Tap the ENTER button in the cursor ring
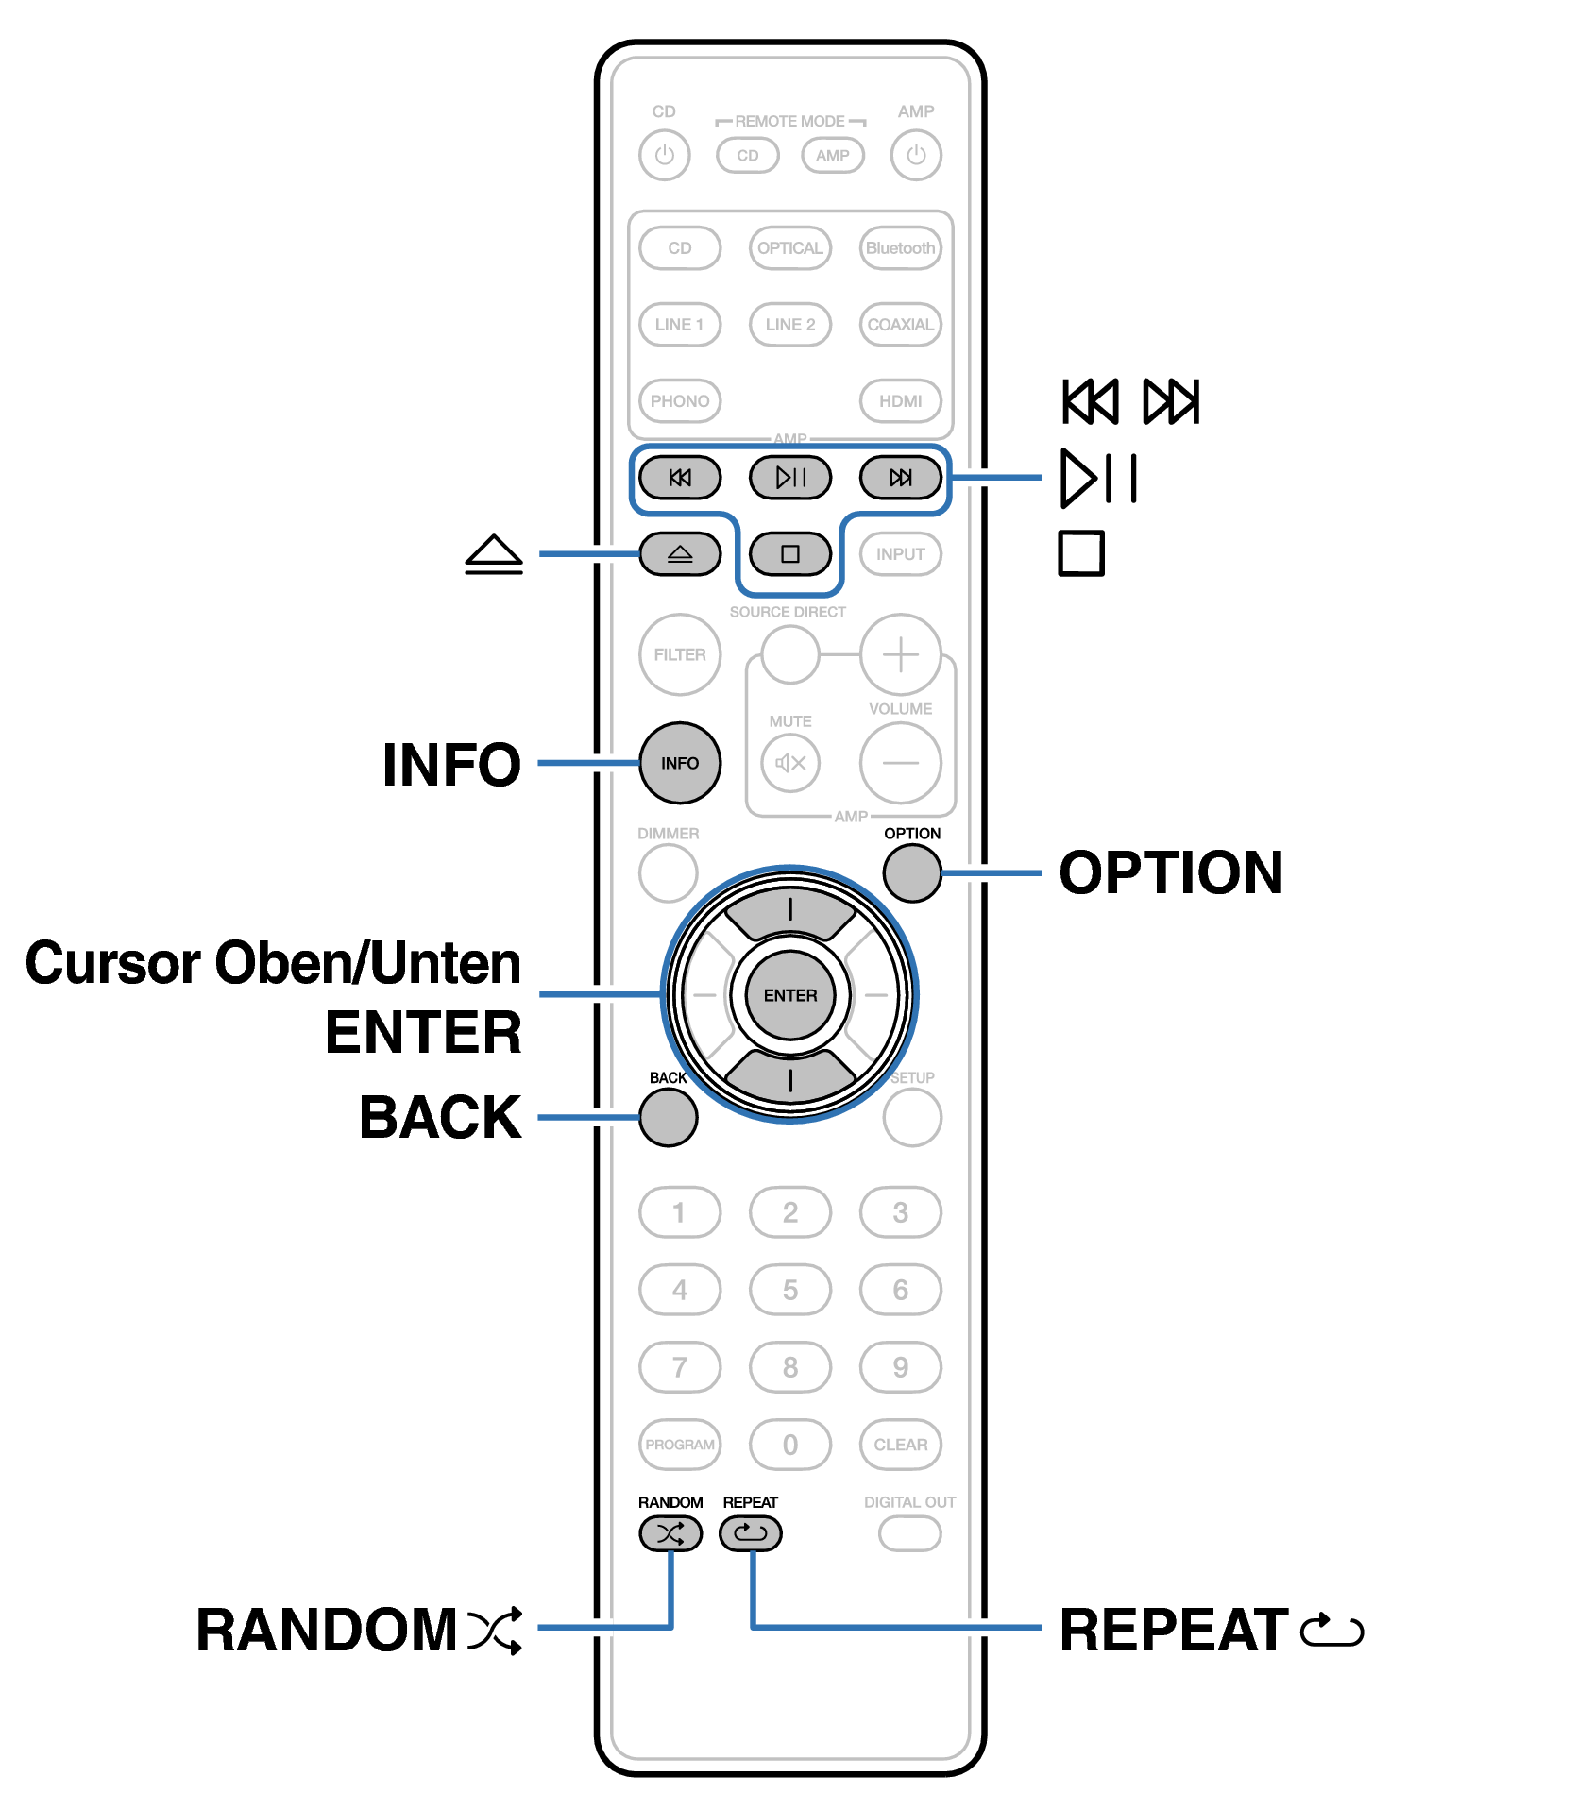tap(790, 995)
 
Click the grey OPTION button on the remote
tap(912, 872)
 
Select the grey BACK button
tap(669, 1117)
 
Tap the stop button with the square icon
tap(790, 553)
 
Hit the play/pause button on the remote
tap(790, 477)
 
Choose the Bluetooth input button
tap(901, 248)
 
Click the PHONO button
tap(680, 400)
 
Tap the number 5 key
tap(790, 1290)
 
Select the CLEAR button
tap(901, 1445)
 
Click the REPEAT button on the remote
tap(751, 1532)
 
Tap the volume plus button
tap(901, 654)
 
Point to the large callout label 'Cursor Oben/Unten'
tap(273, 963)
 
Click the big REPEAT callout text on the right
tap(1174, 1631)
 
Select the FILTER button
tap(680, 654)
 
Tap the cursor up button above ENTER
tap(790, 911)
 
